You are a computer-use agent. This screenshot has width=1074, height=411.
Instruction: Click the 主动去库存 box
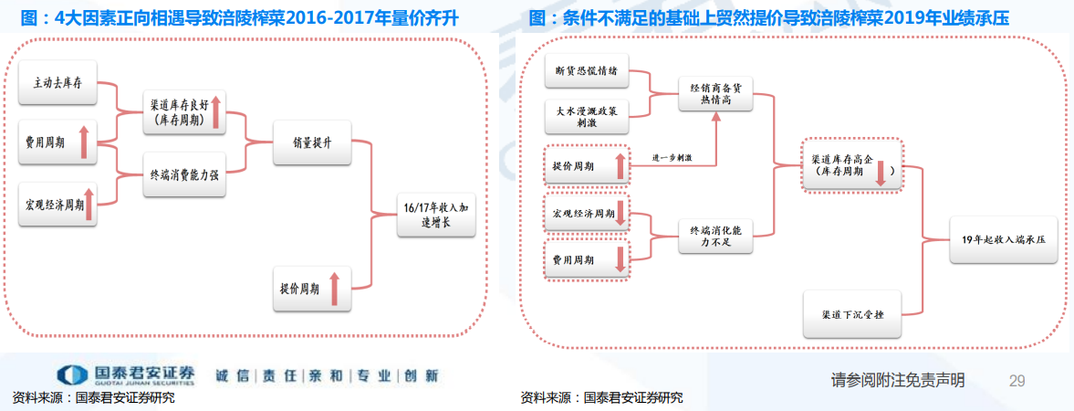57,83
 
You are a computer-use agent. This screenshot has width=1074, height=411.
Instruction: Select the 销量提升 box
312,142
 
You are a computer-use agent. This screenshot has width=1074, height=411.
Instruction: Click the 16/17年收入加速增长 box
436,215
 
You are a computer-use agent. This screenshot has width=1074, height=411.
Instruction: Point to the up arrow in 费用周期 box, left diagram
83,142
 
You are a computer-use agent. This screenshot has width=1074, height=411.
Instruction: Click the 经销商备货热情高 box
715,92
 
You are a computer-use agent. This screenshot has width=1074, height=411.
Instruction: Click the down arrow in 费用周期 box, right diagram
620,259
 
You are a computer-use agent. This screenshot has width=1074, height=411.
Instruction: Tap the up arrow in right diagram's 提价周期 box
620,166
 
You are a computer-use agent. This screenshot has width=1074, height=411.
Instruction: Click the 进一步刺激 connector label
672,158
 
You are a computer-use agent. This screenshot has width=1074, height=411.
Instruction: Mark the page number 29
1017,380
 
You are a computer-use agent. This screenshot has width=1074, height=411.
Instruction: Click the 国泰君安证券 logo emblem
70,375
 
